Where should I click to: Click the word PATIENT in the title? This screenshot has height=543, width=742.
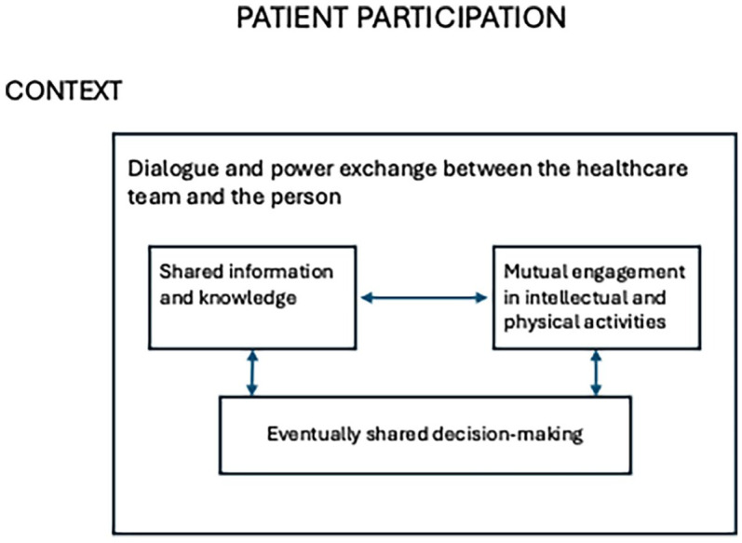[292, 18]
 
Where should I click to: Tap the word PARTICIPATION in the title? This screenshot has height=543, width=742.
[462, 18]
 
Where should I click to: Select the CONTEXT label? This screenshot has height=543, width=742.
[63, 90]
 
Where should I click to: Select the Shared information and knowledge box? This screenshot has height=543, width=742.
[252, 298]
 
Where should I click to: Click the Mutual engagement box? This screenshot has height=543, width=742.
[596, 298]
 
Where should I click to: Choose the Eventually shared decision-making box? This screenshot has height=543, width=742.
[425, 435]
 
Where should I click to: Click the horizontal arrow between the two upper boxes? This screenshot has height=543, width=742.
[424, 298]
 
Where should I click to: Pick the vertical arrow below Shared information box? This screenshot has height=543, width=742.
[252, 373]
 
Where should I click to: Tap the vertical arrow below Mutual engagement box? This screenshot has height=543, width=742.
[596, 373]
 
